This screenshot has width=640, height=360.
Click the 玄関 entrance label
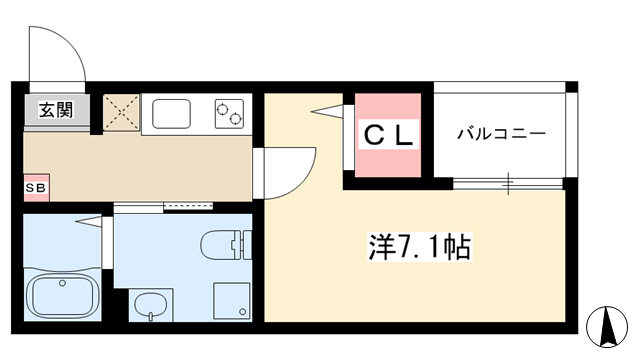point(56,110)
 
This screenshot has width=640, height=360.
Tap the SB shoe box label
point(36,188)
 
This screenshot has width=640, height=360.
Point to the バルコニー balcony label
point(501,134)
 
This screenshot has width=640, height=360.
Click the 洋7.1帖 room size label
point(420,247)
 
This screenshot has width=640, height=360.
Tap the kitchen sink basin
point(171,114)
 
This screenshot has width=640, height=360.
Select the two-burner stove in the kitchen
point(229,114)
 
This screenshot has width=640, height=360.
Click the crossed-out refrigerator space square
point(121,112)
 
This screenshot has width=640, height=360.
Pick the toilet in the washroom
point(226,244)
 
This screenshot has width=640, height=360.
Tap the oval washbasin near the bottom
point(150,307)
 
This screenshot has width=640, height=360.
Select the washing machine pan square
point(231,300)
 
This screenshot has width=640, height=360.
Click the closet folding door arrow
point(327,111)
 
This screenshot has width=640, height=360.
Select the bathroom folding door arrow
point(88,222)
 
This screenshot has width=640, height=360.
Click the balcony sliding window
point(508,184)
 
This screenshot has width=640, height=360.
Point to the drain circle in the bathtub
point(62,283)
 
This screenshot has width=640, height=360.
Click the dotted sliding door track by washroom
point(188,205)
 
